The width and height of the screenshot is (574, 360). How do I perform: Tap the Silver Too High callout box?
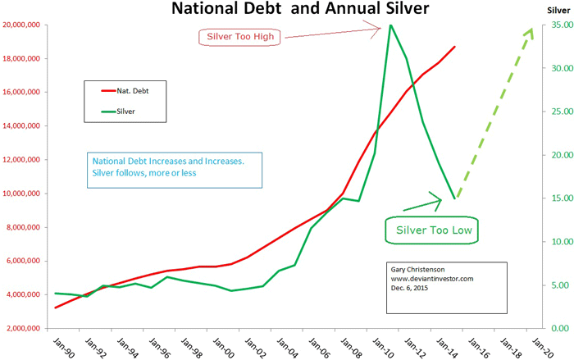tap(239, 37)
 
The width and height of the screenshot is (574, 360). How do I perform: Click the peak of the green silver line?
tap(390, 25)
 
